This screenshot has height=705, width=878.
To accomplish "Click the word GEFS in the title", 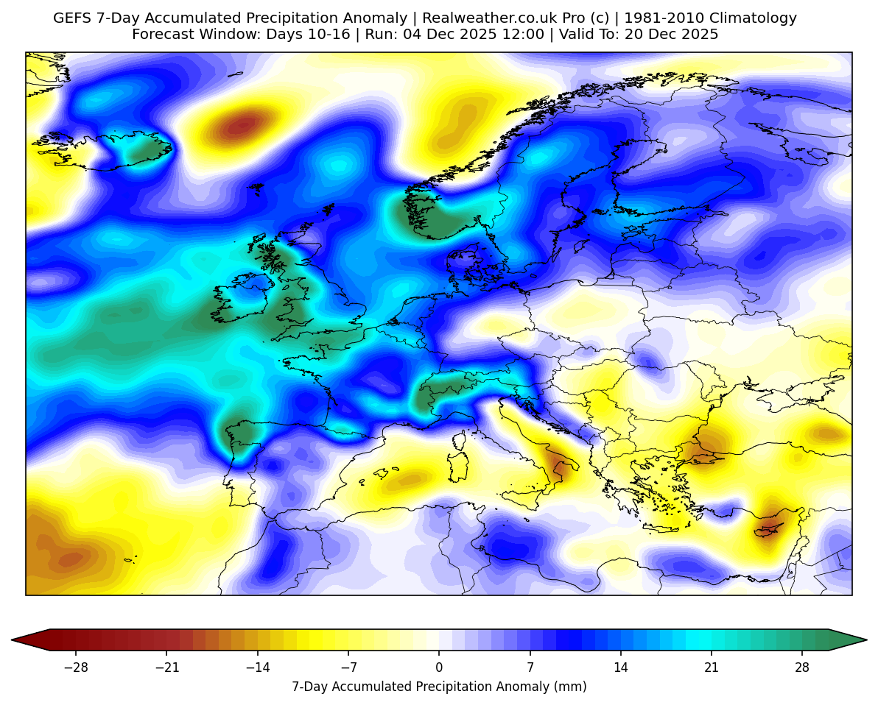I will tap(71, 18).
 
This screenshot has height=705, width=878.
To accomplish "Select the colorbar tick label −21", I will tap(166, 667).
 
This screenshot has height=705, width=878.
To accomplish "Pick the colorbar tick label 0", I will tap(439, 667).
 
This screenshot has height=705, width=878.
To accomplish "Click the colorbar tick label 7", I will tap(530, 667).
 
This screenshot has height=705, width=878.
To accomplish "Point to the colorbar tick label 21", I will tap(712, 667).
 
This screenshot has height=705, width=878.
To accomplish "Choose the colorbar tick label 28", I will tap(802, 667).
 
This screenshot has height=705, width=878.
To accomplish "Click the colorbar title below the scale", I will tap(439, 687).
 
